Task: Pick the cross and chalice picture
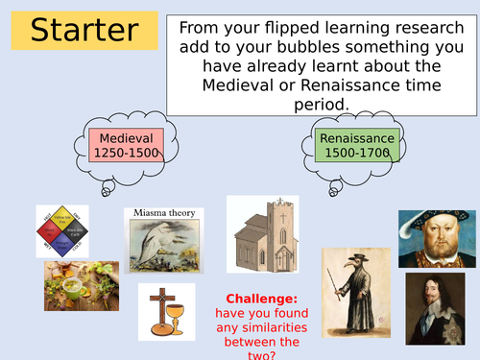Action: click(x=166, y=311)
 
